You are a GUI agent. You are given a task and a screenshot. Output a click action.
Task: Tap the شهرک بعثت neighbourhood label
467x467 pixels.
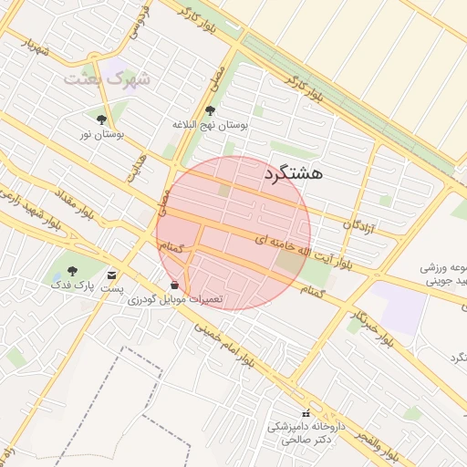99,79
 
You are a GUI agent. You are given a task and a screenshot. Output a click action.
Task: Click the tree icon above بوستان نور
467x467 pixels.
100,119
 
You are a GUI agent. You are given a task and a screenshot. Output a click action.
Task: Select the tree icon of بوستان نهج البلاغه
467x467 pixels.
211,111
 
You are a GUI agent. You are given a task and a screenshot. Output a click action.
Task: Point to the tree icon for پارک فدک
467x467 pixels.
72,270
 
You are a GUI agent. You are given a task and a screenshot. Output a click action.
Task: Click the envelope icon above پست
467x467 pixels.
112,274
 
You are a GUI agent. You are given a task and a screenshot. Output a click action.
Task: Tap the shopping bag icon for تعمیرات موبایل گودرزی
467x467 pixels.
174,285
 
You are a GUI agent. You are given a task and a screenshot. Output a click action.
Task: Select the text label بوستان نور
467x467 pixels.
100,134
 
